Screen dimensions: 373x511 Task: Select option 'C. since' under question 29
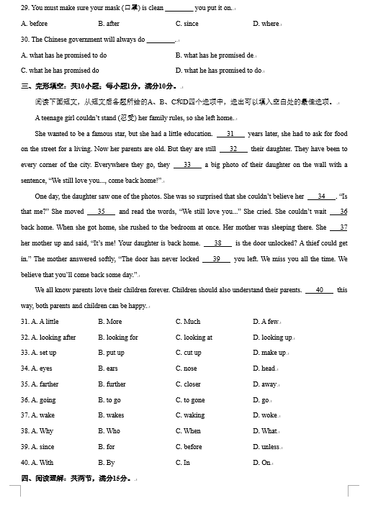(186, 24)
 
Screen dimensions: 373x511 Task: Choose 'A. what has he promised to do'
(64, 55)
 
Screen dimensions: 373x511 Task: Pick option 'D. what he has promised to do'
(219, 71)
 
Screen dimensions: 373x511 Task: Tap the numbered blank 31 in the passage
(230, 134)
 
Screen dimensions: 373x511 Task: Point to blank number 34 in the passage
(321, 196)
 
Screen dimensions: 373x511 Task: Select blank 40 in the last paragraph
(319, 290)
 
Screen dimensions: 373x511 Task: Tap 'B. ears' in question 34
(108, 368)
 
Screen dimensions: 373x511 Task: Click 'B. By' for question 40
(107, 463)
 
